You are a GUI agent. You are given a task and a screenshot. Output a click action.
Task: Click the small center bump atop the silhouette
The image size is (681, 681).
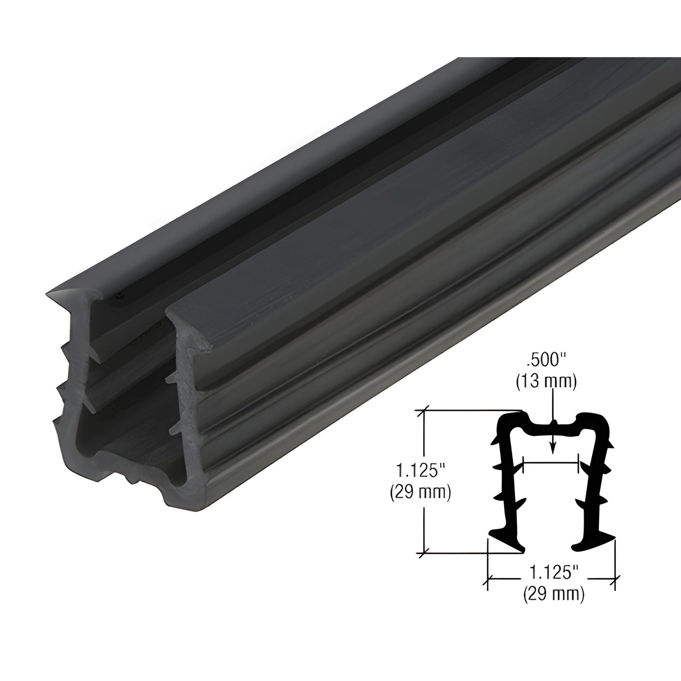pyautogui.click(x=553, y=423)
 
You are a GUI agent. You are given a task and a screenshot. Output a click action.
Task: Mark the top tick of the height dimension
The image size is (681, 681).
pyautogui.click(x=426, y=410)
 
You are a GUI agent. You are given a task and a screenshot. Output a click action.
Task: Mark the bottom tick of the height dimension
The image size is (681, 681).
pyautogui.click(x=426, y=551)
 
